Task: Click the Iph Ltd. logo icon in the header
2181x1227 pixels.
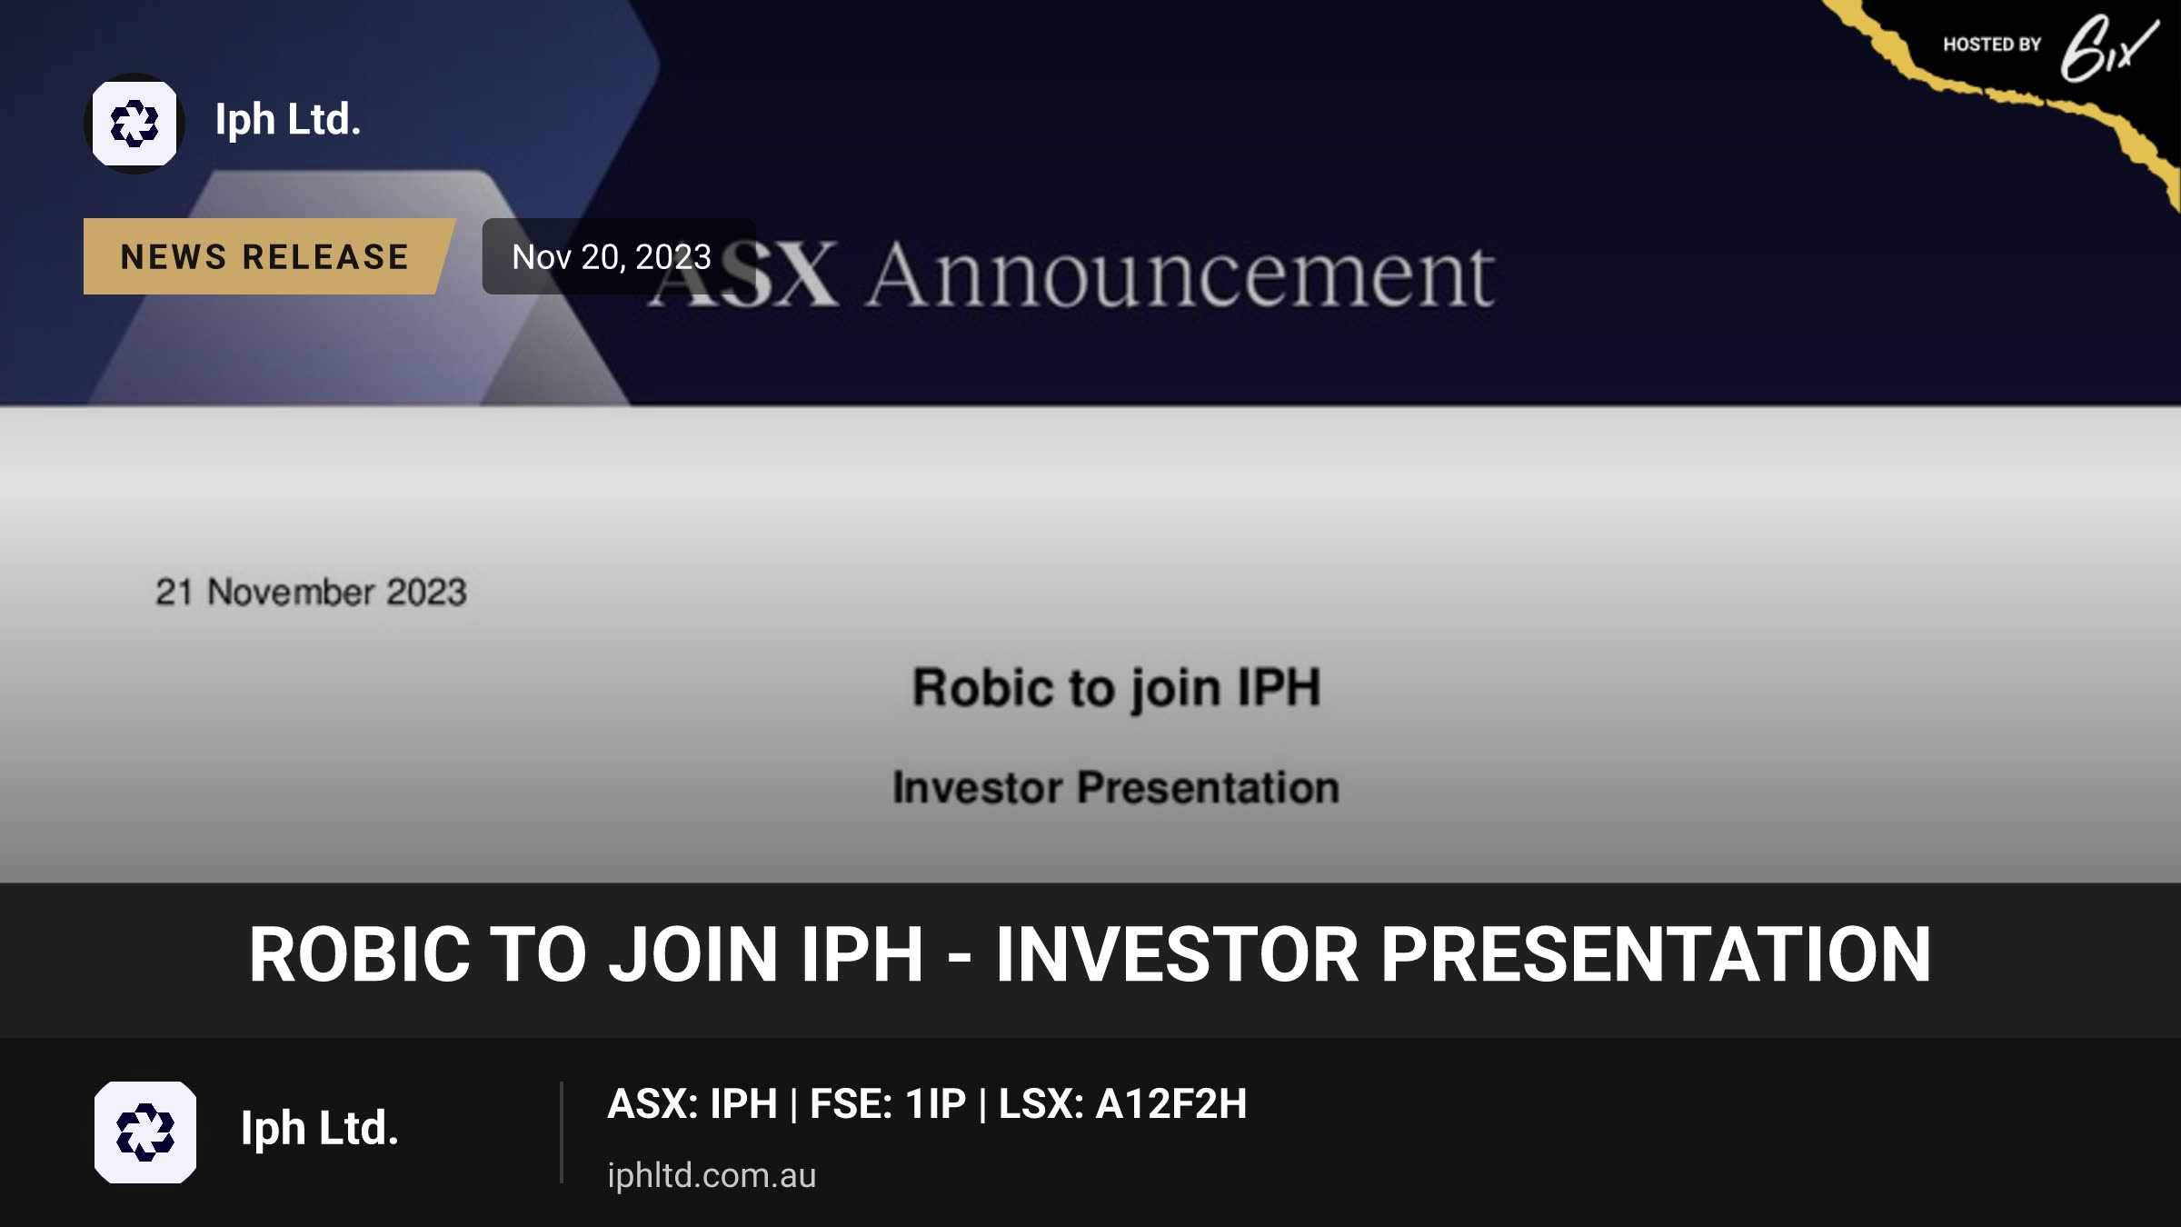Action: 134,124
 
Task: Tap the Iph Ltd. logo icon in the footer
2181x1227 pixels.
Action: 145,1132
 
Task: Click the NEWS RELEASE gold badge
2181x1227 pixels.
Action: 265,256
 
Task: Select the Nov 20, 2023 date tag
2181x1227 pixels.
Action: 612,256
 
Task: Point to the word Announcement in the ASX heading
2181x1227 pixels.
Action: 1180,274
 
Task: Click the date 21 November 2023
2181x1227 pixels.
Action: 311,593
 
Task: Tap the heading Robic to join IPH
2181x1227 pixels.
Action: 1116,687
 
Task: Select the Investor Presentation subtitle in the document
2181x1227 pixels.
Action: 1116,787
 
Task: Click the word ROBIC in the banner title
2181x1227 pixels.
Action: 360,954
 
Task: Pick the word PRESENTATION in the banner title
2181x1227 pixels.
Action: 1656,954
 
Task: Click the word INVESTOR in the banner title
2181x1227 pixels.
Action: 1178,954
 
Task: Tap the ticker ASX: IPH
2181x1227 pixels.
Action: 692,1104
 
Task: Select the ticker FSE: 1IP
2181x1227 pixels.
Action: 888,1104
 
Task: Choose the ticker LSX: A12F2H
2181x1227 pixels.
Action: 1123,1104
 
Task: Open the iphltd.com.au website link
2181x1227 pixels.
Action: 712,1175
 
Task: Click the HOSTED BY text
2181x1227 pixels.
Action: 1992,45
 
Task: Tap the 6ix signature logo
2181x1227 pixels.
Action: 2108,47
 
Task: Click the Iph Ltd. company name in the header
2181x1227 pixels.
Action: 288,119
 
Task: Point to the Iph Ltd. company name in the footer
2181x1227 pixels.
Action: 320,1128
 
